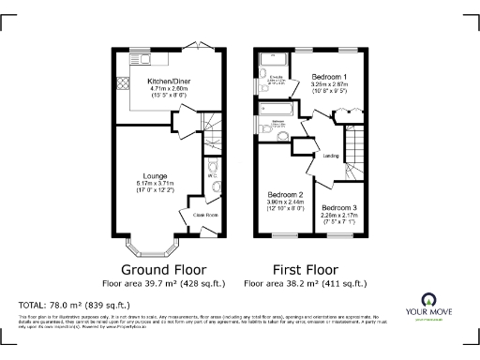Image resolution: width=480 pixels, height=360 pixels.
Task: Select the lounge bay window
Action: point(151,246)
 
